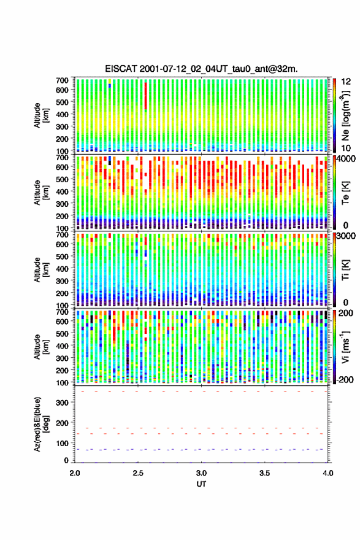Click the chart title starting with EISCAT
coord(201,69)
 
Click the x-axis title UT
coord(201,484)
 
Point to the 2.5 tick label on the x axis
coord(138,473)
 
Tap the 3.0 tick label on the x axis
coord(201,473)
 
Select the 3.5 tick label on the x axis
coord(265,473)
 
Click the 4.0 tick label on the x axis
coord(328,473)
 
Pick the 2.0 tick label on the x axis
coord(75,473)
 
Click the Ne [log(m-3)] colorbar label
coord(346,115)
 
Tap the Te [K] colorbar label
coord(345,193)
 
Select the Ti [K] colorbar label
coord(345,270)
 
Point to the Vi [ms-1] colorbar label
coord(345,347)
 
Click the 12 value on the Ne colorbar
coord(346,82)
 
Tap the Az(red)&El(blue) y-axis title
coord(41,425)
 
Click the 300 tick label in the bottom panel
coord(62,403)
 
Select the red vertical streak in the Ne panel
coord(145,96)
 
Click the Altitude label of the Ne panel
coord(41,115)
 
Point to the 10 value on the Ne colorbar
coord(346,148)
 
